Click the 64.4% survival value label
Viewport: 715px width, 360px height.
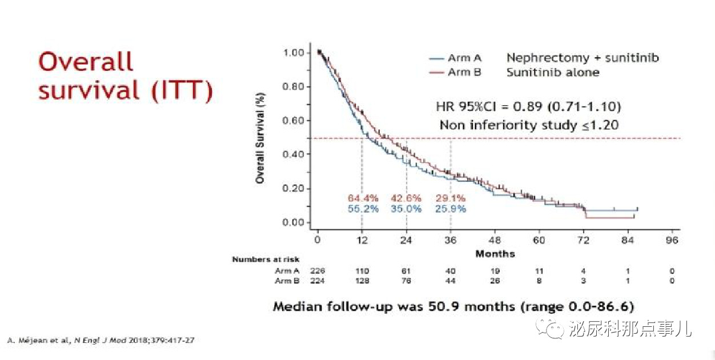coord(363,198)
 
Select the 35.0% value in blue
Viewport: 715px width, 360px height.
coord(406,209)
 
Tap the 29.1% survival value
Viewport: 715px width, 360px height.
coord(451,198)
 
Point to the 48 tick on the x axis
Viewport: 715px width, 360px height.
coord(495,240)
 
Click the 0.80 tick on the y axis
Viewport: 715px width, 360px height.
coord(293,86)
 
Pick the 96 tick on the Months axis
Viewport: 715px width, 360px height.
coord(672,240)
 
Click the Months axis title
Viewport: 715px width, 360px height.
coord(495,254)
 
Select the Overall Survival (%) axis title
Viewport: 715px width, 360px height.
coord(260,138)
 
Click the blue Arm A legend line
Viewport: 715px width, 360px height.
coord(436,59)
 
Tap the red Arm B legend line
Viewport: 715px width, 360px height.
coord(436,73)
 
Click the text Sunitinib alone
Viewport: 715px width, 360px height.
coord(553,73)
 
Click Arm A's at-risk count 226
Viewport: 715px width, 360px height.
coord(318,271)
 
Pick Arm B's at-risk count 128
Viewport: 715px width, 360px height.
coord(362,281)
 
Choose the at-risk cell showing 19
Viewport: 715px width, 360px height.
coord(495,271)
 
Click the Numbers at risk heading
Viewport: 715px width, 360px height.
coord(266,259)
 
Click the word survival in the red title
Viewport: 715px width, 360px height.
coord(89,90)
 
